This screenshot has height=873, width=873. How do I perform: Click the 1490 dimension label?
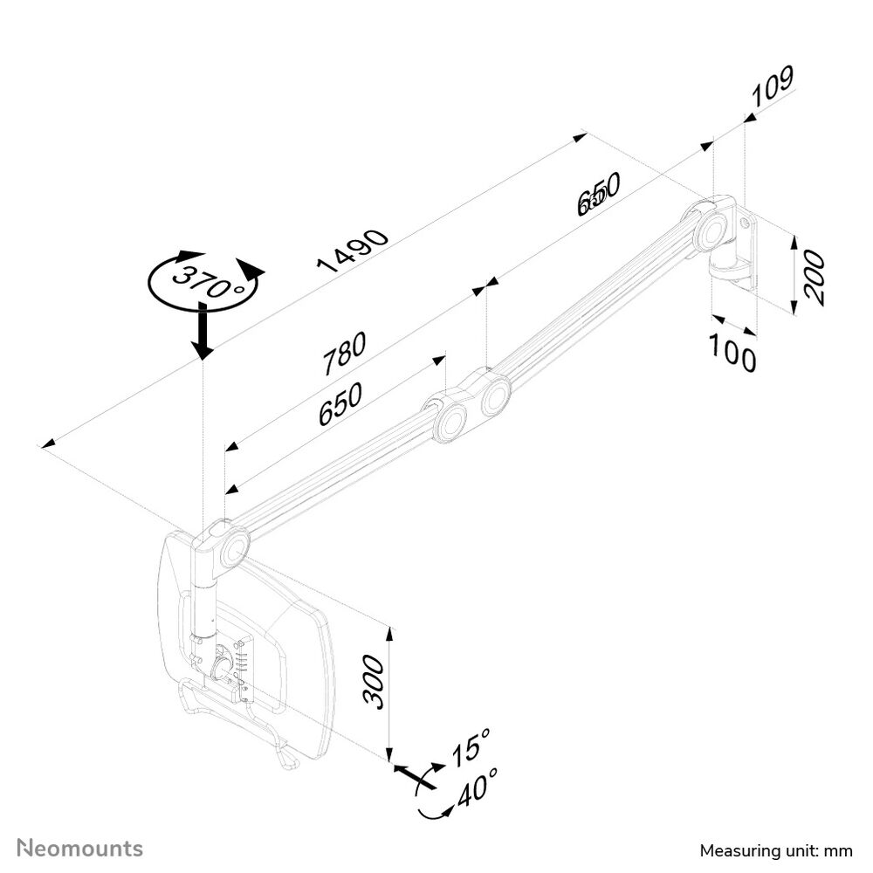(354, 251)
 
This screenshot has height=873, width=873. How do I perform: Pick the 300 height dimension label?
(372, 682)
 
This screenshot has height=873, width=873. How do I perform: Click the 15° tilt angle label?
(471, 749)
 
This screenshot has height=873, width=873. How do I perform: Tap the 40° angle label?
(478, 789)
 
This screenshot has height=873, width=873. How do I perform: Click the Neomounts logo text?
(81, 848)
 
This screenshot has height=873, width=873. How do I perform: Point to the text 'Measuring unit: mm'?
(775, 851)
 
